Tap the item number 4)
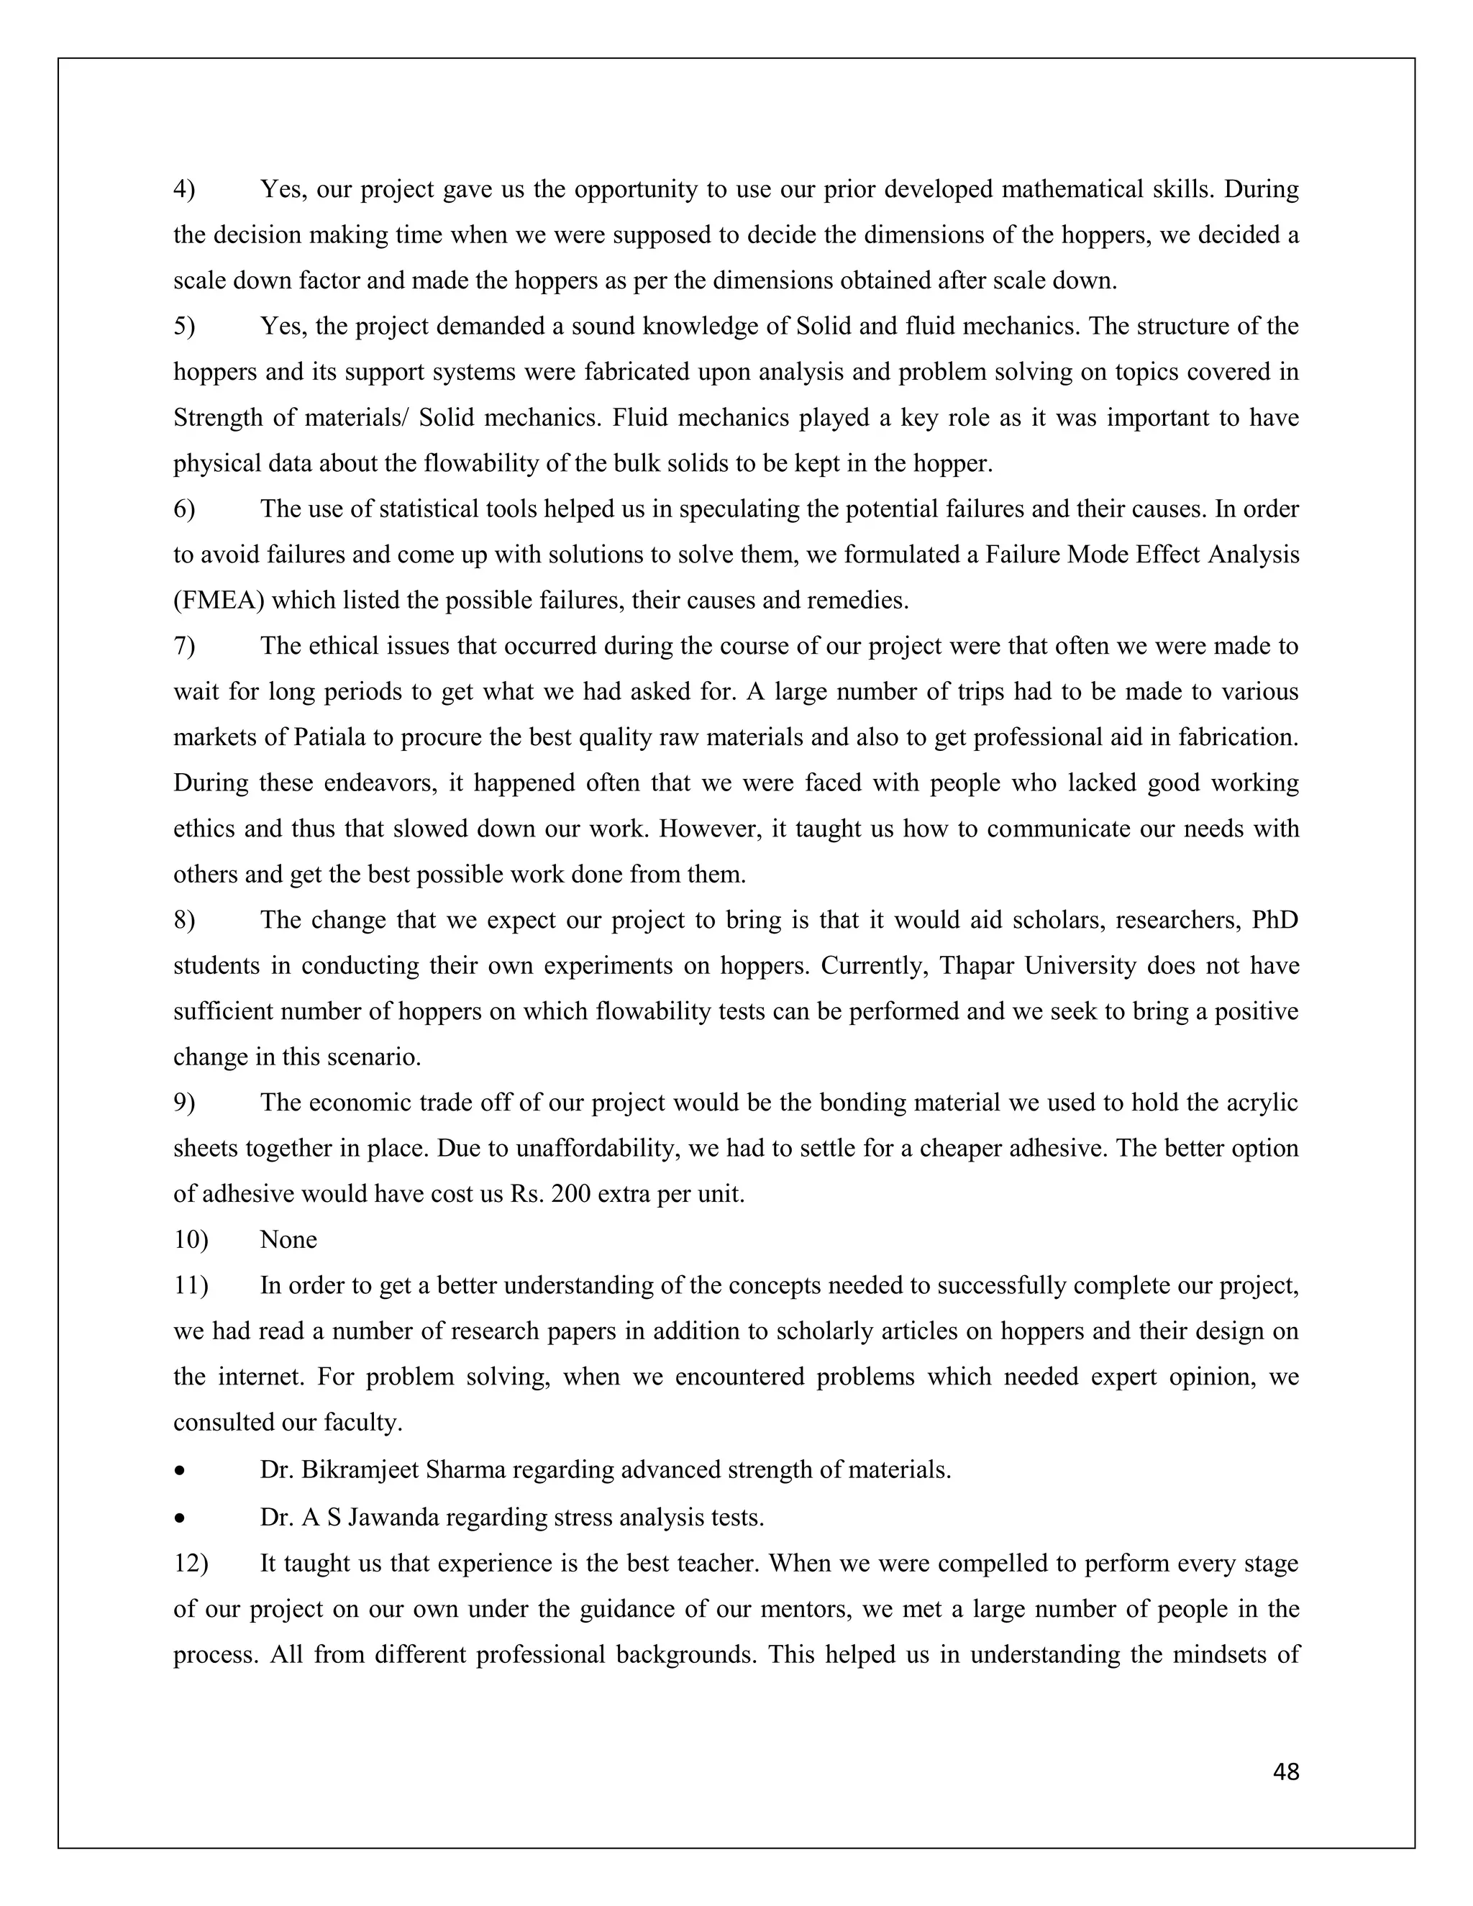click(184, 189)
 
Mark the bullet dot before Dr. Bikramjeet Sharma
click(179, 1472)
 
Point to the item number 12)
click(190, 1563)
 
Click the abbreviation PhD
click(1275, 920)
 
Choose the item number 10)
click(190, 1239)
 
